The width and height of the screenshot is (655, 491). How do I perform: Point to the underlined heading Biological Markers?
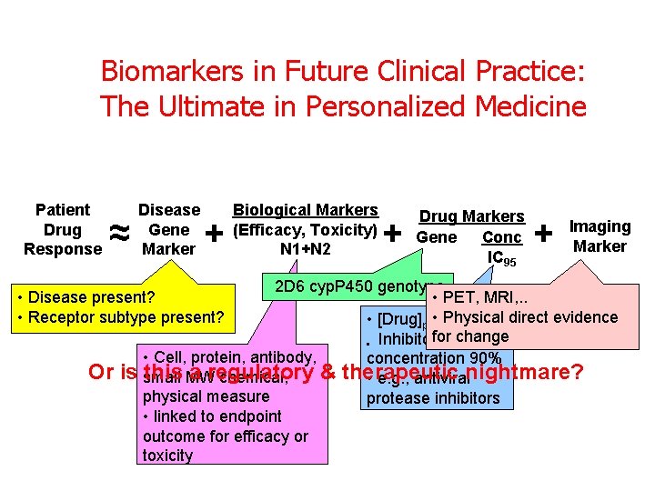coord(306,210)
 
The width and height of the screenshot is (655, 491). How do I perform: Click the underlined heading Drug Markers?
coord(471,216)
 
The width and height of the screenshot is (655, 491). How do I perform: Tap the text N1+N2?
coord(306,249)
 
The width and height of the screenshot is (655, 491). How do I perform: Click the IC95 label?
coord(502,258)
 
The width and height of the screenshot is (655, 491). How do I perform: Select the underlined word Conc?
coord(501,236)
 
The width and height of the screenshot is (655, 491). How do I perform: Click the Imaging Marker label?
coord(599,236)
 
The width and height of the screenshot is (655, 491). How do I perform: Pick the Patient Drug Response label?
coord(63,229)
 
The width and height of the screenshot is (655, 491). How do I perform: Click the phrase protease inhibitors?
coord(433,398)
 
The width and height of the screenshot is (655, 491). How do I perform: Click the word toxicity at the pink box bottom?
coord(167,456)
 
